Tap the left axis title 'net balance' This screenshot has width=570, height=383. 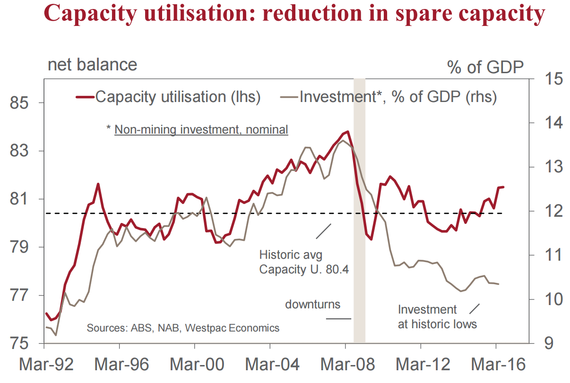[x=92, y=64]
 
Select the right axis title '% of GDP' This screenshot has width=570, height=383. [x=485, y=68]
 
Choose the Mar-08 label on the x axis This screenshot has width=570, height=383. [x=345, y=365]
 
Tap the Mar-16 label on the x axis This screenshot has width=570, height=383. [x=496, y=365]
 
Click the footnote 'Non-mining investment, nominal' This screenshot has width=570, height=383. [x=201, y=129]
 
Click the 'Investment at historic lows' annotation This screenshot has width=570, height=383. [x=437, y=317]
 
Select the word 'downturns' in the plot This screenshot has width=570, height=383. [x=312, y=304]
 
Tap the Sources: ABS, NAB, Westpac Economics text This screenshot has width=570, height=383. [x=183, y=328]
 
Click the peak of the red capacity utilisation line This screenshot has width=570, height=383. [x=348, y=131]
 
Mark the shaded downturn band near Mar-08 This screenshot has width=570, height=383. [x=359, y=213]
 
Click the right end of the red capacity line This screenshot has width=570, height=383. [x=503, y=187]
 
